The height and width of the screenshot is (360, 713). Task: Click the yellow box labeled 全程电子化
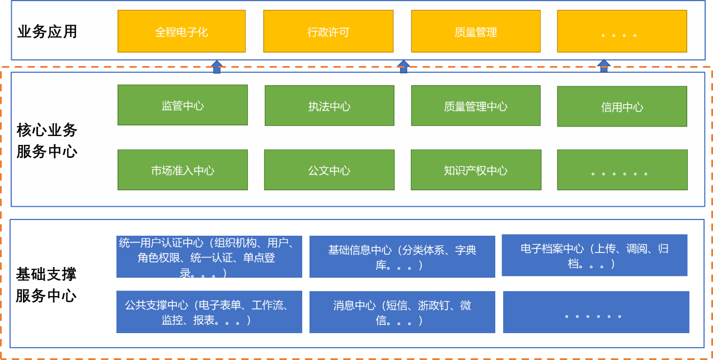(181, 31)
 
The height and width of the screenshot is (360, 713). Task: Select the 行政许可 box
(328, 31)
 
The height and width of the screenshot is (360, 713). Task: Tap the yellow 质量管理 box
(476, 31)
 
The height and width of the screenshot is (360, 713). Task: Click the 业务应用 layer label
(47, 31)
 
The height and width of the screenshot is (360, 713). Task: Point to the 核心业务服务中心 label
(47, 141)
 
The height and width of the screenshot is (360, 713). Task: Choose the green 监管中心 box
(182, 105)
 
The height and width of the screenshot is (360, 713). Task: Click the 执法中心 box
(329, 106)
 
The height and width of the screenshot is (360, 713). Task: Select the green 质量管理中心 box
(476, 106)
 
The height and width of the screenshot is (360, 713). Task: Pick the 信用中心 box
(622, 106)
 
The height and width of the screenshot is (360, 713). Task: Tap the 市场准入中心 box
(182, 170)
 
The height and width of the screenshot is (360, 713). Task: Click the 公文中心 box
(329, 170)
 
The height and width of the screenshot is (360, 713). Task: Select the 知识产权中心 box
(476, 170)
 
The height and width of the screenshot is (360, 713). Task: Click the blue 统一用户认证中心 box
(209, 257)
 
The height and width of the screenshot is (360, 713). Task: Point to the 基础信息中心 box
(402, 257)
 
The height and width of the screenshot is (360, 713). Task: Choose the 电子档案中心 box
(594, 255)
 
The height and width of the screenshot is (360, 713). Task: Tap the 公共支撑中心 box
(209, 312)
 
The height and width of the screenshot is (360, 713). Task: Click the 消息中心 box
(402, 312)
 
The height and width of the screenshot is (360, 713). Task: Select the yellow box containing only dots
(622, 31)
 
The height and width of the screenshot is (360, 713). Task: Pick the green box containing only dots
(622, 170)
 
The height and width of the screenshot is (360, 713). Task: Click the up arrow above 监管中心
(217, 67)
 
